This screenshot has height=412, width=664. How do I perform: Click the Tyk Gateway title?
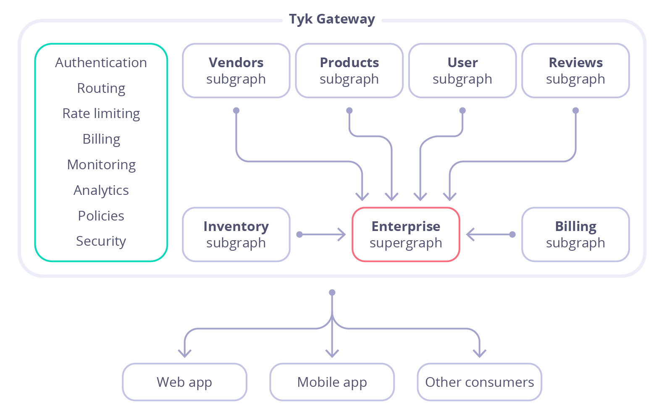pos(332,19)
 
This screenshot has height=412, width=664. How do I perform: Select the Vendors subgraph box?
pos(236,71)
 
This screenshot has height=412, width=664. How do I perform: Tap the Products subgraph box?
pos(349,71)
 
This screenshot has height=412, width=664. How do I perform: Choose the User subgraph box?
pos(462,71)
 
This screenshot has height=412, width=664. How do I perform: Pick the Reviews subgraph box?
pos(575,71)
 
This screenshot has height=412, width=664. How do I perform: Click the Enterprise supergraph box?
pos(406,234)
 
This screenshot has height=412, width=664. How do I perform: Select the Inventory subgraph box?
pos(236,234)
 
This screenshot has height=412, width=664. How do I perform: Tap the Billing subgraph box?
pos(575,234)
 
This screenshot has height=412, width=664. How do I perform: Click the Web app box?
pos(184,382)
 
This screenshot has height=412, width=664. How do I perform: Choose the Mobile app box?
pos(332,382)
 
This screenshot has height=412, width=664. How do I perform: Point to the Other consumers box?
pos(479,382)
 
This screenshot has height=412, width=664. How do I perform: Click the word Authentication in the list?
pos(101,63)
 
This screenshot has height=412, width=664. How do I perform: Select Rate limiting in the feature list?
pos(101,113)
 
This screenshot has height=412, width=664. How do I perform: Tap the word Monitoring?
pos(101,165)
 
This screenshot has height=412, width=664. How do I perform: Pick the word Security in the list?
pos(101,241)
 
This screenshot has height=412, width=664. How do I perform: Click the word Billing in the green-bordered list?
pos(101,139)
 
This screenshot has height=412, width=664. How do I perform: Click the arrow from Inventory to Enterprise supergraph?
pos(321,234)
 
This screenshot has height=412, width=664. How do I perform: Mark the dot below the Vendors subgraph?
pos(236,110)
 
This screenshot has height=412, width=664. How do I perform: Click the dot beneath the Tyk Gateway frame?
pos(332,292)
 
